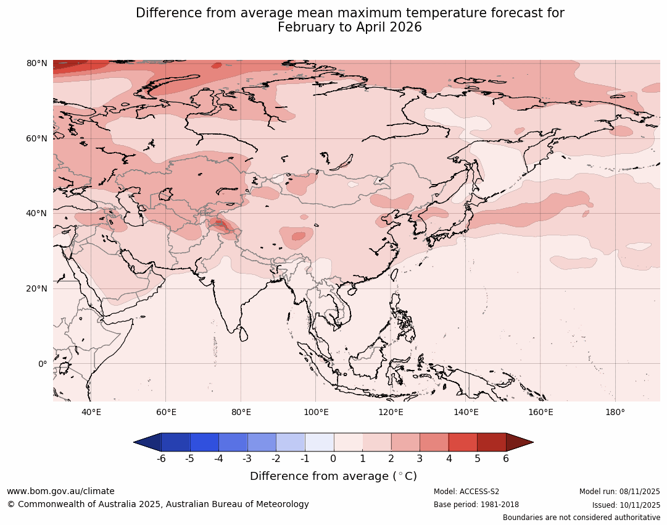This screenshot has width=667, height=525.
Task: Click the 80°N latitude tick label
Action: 36,64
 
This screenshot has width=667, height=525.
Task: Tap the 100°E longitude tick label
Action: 315,412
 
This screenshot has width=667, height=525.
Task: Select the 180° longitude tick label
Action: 615,412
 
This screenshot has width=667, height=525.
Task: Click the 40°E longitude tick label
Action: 91,412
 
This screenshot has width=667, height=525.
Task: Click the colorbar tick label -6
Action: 160,459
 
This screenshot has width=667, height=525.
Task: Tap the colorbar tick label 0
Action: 334,459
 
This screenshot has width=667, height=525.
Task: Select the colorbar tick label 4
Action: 449,459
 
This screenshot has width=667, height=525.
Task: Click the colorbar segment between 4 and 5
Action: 463,442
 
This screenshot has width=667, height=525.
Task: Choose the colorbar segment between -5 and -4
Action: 204,442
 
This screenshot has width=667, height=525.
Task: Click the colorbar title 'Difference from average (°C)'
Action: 333,476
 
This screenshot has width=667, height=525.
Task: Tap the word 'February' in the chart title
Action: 302,28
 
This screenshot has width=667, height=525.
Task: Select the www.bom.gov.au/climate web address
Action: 60,491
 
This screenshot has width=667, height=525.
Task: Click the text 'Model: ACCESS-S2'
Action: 466,492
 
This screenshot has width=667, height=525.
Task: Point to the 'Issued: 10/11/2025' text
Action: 626,505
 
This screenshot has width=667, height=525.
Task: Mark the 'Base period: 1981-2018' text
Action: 476,505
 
